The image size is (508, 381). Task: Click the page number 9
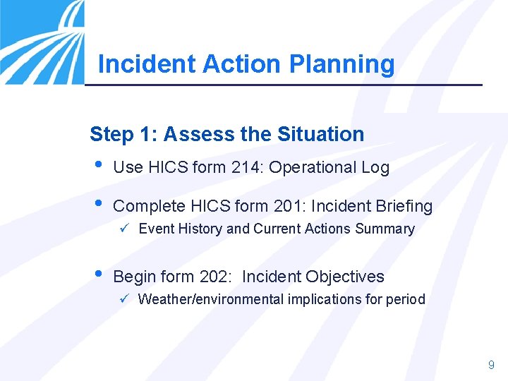click(x=491, y=365)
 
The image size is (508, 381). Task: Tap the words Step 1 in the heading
click(x=119, y=134)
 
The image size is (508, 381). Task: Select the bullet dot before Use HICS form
click(x=97, y=166)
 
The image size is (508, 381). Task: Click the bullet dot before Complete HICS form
click(x=97, y=205)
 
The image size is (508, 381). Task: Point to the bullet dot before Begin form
click(x=97, y=275)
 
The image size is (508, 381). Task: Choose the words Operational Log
click(x=329, y=167)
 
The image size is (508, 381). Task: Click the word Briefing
click(x=401, y=206)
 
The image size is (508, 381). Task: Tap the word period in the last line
click(x=405, y=299)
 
